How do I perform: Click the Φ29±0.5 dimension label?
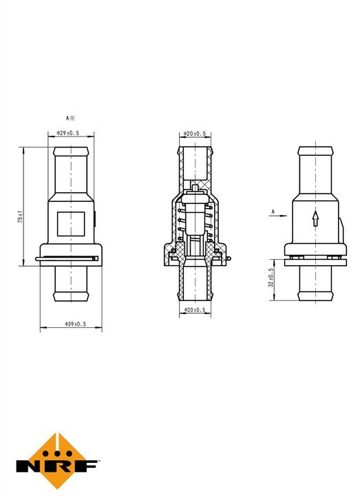click(67, 133)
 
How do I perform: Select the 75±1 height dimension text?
click(20, 217)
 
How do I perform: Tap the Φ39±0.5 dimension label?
click(75, 324)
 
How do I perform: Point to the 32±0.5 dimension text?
click(271, 278)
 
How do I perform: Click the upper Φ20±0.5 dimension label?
click(195, 134)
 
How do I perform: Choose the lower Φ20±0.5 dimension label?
click(195, 310)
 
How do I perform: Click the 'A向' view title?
click(70, 118)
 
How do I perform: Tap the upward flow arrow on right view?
click(315, 218)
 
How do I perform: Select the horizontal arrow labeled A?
click(278, 216)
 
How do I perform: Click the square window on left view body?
click(71, 224)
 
